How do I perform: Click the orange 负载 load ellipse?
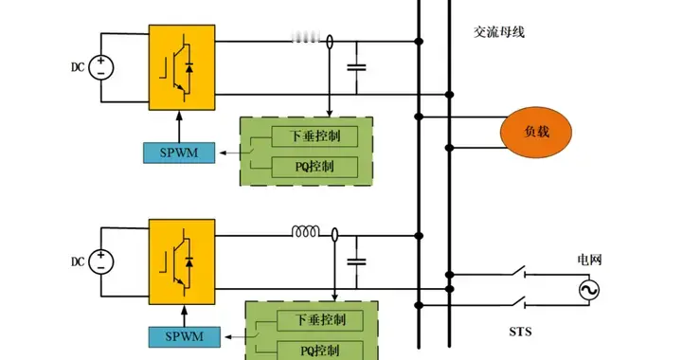point(537,135)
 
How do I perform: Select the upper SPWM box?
point(178,152)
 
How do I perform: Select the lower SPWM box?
point(184,335)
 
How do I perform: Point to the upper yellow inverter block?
point(182,67)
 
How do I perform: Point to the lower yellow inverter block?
point(182,261)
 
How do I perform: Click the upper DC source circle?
point(103,66)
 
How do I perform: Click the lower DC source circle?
point(103,261)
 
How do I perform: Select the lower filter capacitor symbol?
point(357,260)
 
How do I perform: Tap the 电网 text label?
point(590,259)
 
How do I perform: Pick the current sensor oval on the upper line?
point(330,42)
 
